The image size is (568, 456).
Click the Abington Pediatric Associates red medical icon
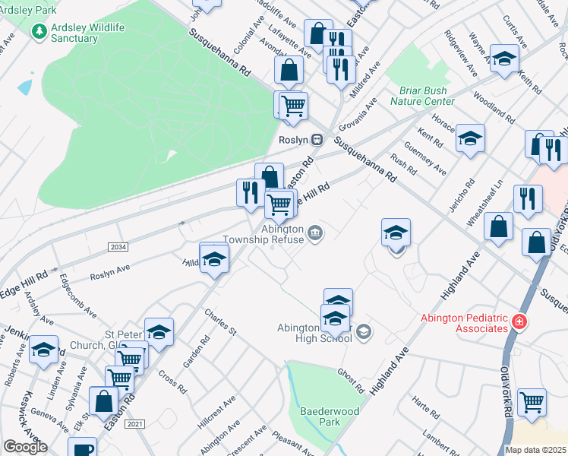click(x=519, y=321)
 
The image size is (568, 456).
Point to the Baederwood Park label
click(x=328, y=415)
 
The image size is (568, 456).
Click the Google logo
click(x=25, y=447)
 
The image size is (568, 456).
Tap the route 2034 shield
click(x=118, y=247)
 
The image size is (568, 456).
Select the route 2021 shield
click(x=135, y=423)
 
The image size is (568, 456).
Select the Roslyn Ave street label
click(x=110, y=271)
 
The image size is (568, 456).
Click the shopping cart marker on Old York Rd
click(x=532, y=401)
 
